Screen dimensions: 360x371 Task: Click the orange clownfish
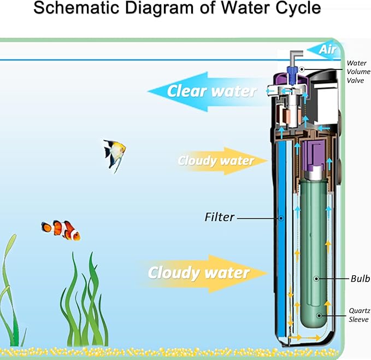tap(61, 230)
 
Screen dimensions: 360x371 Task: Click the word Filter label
tap(220, 217)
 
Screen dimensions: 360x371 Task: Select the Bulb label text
tap(360, 278)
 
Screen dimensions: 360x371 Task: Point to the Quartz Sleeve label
tap(359, 315)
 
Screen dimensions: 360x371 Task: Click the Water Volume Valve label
tap(358, 72)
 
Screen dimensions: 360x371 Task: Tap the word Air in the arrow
tap(327, 50)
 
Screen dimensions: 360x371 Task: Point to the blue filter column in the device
tap(280, 235)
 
